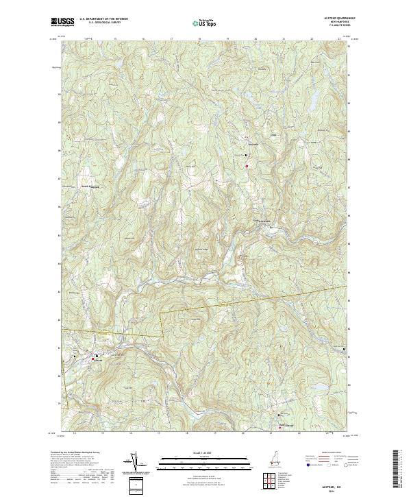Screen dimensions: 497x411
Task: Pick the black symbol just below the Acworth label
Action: click(247, 155)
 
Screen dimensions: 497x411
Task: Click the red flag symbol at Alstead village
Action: click(93, 359)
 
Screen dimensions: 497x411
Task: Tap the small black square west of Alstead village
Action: click(73, 356)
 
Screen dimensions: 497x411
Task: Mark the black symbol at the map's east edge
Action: click(344, 350)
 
